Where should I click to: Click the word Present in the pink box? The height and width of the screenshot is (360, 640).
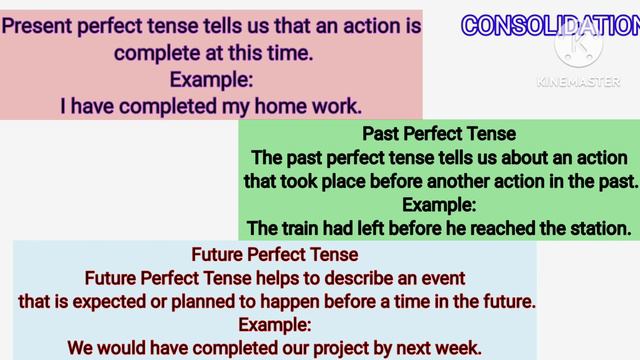coord(45,27)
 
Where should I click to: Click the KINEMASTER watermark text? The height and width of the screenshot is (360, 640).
coord(577,82)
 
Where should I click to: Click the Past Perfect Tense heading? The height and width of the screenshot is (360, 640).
coord(439,134)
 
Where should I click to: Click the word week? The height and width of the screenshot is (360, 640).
coord(459,348)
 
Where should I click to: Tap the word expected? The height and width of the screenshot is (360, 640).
coord(137,300)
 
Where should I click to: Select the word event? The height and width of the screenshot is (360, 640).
coord(441,276)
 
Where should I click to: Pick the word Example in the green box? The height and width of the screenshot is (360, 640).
coord(439,205)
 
